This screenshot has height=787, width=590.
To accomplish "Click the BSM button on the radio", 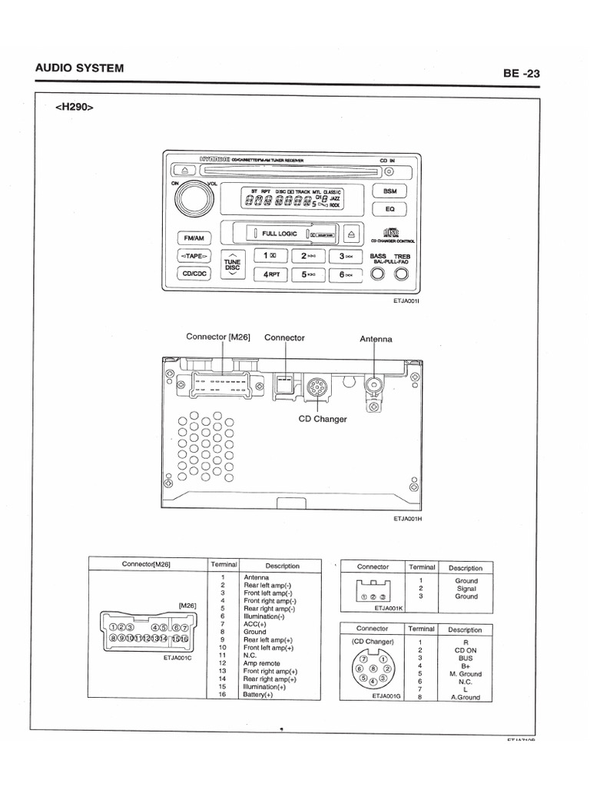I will [x=389, y=191].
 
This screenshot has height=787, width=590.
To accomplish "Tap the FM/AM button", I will [x=187, y=238].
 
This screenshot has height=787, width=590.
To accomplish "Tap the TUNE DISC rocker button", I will [x=233, y=264].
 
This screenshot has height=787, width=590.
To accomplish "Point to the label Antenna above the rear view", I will [x=376, y=339].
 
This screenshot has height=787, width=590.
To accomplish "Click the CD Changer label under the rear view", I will [x=323, y=420].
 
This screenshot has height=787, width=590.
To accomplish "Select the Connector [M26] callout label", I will [x=218, y=337].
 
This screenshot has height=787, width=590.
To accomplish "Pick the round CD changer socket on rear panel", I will [x=315, y=387].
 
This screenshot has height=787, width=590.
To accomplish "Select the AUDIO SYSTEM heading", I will [x=79, y=68].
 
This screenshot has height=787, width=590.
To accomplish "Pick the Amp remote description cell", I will [x=262, y=663].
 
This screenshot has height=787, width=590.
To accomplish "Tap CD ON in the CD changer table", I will [x=465, y=649].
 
